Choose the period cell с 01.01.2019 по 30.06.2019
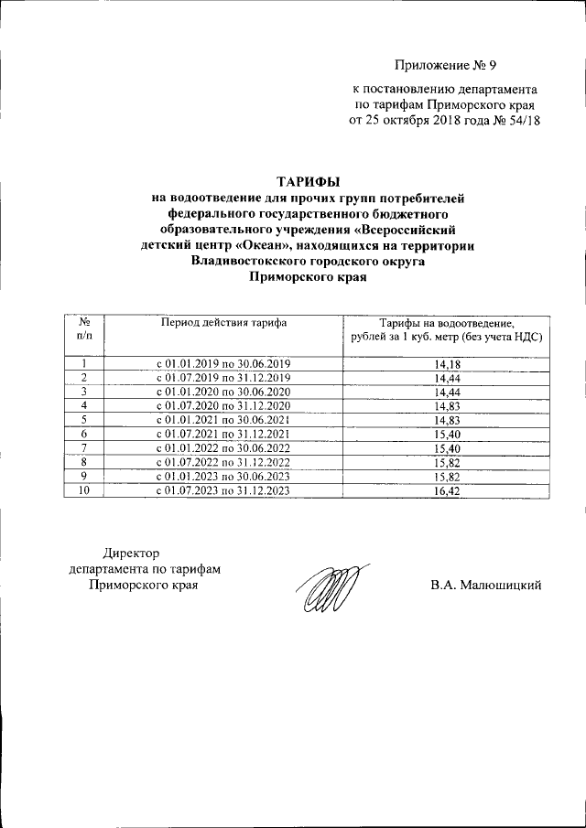223,365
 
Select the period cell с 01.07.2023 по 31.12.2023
223,490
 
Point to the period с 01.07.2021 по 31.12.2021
223,434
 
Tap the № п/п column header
84,329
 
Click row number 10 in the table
84,490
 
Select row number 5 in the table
84,420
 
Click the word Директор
132,554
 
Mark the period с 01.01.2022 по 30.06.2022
223,448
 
